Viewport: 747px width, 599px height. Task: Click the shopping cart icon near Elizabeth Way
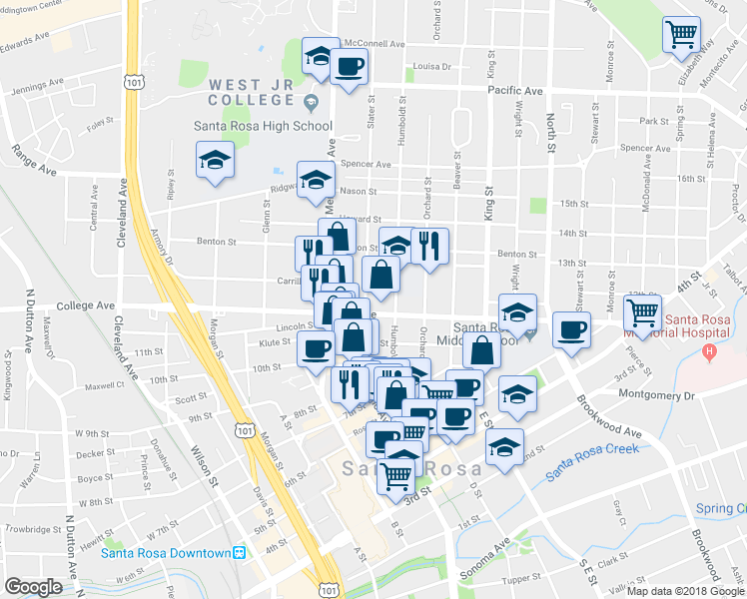click(681, 34)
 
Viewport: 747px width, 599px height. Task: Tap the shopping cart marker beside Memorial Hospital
click(642, 312)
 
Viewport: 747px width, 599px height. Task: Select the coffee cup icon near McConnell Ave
click(349, 67)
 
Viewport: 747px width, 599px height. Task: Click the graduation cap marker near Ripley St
click(216, 160)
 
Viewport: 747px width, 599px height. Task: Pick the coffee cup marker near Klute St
click(317, 349)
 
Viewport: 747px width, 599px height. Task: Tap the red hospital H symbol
click(709, 351)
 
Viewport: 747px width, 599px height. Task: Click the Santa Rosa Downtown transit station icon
click(239, 553)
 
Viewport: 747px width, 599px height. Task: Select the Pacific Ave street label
click(515, 91)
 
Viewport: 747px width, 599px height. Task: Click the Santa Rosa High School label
click(263, 127)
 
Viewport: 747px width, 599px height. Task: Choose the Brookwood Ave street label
click(609, 416)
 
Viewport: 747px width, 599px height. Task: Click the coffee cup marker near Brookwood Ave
click(571, 329)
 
